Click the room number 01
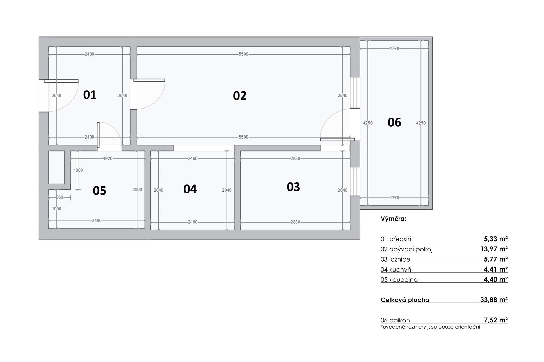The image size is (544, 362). (x=90, y=95)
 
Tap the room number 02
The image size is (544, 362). (x=240, y=96)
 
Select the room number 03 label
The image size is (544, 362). (x=293, y=187)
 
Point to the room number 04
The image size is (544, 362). (x=190, y=189)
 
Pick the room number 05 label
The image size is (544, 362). (x=99, y=191)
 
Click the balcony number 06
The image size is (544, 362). (x=394, y=122)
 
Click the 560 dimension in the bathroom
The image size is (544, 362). (x=59, y=197)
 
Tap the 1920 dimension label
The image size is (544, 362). (x=108, y=158)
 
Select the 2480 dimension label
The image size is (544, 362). (x=97, y=221)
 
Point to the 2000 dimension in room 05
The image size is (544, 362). (x=137, y=189)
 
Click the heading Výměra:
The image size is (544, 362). (x=393, y=219)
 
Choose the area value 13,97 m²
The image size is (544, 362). (x=494, y=249)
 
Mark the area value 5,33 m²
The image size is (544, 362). (x=496, y=239)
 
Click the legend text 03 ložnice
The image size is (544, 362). (x=395, y=259)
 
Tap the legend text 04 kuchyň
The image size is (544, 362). (x=396, y=270)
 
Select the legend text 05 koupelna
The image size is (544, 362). (x=399, y=280)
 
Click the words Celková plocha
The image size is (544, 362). (x=405, y=300)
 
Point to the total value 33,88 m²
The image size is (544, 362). (x=494, y=300)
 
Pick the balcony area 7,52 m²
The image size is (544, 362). (x=496, y=320)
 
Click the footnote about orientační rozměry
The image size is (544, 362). (x=430, y=327)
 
